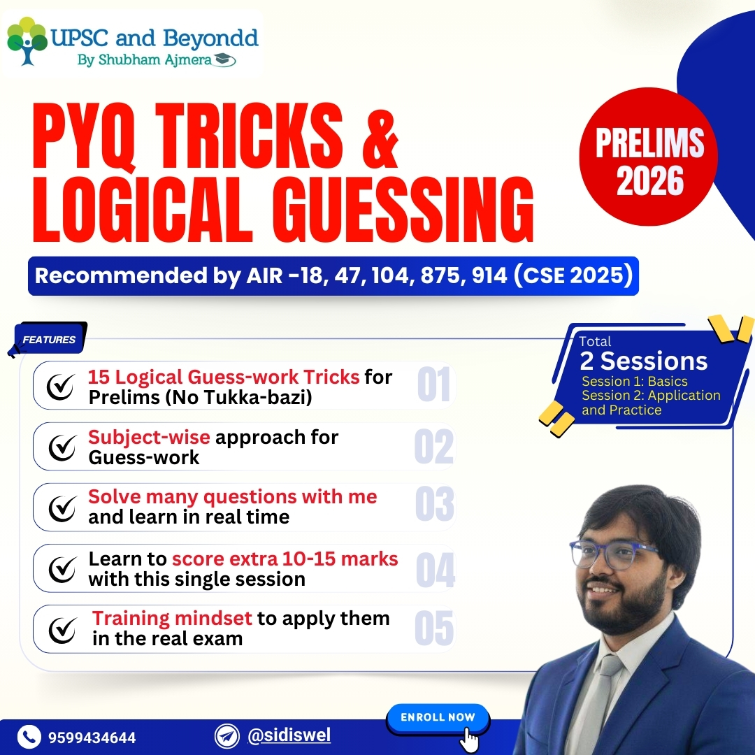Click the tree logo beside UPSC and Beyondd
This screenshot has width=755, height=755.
[27, 41]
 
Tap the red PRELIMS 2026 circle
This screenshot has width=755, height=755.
[649, 157]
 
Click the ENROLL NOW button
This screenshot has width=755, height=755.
[438, 718]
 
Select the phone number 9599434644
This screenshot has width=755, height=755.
[92, 738]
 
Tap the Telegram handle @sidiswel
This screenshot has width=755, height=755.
[289, 735]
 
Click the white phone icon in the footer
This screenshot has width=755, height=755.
[29, 737]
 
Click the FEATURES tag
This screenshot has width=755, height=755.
[49, 340]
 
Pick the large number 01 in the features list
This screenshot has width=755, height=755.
[433, 385]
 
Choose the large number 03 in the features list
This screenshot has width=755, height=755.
[434, 506]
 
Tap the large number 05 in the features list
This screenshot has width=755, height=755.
[434, 628]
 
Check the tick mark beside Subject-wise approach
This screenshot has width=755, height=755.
[62, 447]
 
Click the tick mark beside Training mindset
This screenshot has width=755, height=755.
[62, 629]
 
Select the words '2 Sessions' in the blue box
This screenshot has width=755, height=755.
[643, 361]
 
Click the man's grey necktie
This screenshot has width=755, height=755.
[601, 699]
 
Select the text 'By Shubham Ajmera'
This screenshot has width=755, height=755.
[148, 60]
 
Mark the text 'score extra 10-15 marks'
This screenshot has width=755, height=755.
[285, 559]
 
